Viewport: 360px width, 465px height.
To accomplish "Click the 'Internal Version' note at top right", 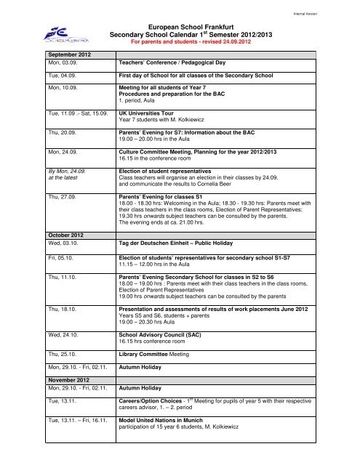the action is pyautogui.click(x=332, y=9).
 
